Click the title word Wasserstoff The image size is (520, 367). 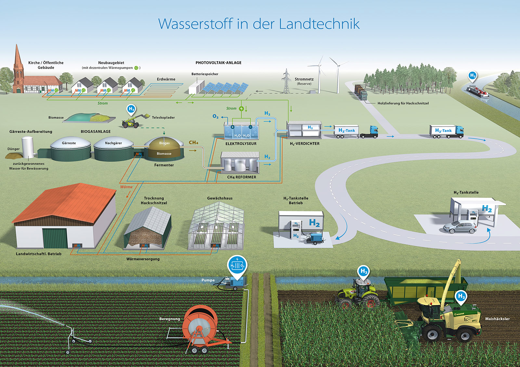[195, 24]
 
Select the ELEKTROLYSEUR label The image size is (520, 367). [241, 144]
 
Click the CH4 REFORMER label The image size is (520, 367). [241, 177]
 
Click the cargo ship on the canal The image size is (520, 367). [477, 92]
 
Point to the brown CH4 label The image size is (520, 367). [193, 143]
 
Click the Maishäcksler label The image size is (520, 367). [497, 319]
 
